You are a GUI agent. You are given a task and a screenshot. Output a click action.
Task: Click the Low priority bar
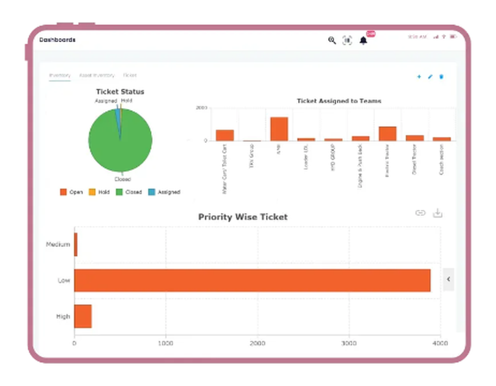pos(252,280)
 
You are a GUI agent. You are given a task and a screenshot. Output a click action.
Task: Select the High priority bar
pos(83,316)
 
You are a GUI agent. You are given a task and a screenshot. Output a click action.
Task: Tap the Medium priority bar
pos(76,245)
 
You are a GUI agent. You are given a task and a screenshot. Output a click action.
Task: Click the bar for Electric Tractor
pos(387,134)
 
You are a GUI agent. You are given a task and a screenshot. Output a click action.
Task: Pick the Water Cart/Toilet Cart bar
pos(225,135)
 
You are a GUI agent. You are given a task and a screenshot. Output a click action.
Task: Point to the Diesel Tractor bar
pos(415,138)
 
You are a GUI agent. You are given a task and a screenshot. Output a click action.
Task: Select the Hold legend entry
pos(99,192)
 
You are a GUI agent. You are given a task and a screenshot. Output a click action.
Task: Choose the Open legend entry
pos(71,192)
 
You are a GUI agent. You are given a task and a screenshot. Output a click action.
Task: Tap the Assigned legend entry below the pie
pos(164,192)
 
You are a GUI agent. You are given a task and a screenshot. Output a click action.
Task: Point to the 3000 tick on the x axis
pos(349,343)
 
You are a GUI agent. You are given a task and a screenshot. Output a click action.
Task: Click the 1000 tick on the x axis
pos(166,343)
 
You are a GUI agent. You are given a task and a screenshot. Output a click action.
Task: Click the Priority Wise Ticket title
pos(243,217)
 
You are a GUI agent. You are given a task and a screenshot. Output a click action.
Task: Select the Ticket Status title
pos(120,92)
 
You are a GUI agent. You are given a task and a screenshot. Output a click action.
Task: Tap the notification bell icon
pos(364,41)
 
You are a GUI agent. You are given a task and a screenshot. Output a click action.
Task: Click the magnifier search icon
pos(332,41)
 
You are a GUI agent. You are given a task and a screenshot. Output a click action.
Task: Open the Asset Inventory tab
pos(97,75)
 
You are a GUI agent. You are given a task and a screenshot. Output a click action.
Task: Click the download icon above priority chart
pos(437,213)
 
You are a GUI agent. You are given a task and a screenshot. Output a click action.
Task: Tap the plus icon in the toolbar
pos(419,77)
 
